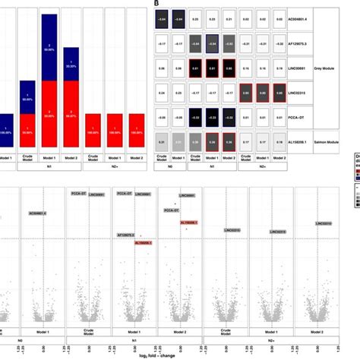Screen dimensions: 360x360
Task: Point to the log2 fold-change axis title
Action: [x=180, y=354]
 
